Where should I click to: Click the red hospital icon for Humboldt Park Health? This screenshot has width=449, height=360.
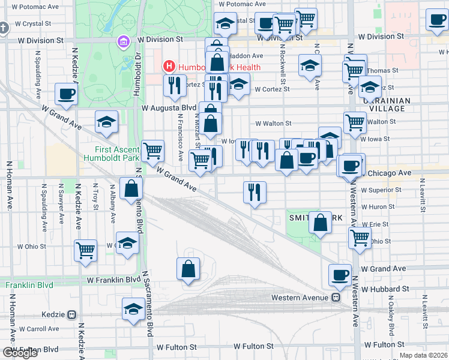(x=169, y=67)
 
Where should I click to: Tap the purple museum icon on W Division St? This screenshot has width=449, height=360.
(x=123, y=42)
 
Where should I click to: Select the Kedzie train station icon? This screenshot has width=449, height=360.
(x=71, y=314)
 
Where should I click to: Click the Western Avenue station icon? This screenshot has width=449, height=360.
(x=336, y=298)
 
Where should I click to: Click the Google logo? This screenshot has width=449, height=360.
(x=20, y=353)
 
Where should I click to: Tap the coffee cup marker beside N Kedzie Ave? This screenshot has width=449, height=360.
(x=66, y=95)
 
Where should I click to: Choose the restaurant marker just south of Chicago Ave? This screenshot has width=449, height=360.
(x=255, y=193)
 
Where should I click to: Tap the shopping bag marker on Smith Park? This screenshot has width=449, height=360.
(x=321, y=221)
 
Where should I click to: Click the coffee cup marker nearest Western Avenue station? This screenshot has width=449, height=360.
(x=340, y=275)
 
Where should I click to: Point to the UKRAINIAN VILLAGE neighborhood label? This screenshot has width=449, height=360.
(x=386, y=105)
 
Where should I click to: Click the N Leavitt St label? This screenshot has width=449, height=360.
(x=423, y=196)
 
